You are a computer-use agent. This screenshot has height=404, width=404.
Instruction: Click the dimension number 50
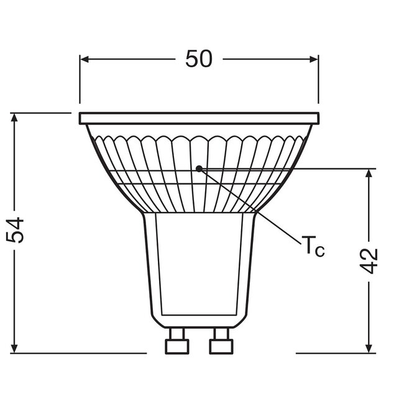(199, 59)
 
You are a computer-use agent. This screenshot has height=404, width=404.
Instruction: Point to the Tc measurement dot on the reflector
(199, 168)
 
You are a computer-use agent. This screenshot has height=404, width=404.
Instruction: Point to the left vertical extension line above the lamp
(80, 81)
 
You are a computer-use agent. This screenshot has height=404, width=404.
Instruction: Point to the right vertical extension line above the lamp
(318, 81)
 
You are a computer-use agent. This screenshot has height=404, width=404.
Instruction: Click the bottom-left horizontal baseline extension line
(81, 352)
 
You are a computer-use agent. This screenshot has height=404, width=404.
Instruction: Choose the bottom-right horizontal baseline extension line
(336, 352)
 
